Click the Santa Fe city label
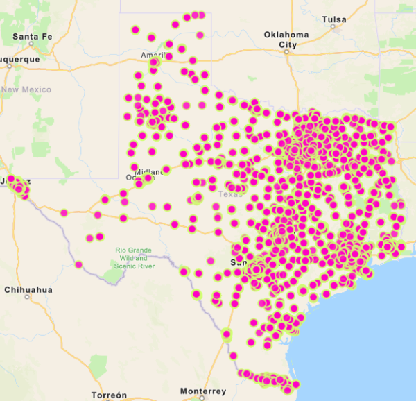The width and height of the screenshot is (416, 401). click(32, 36)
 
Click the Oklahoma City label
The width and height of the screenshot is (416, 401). click(286, 39)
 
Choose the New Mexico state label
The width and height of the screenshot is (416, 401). click(26, 89)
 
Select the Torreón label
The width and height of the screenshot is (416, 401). click(109, 394)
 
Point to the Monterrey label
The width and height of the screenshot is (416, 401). click(202, 391)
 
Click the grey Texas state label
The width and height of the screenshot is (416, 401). click(227, 194)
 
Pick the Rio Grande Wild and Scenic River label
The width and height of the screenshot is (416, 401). click(135, 257)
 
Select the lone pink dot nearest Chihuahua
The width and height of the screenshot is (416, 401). click(79, 264)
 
